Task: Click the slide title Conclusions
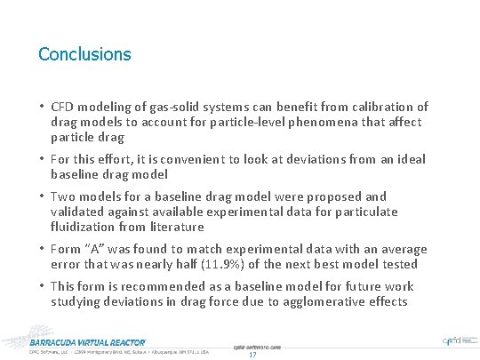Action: pyautogui.click(x=84, y=54)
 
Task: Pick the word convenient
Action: pyautogui.click(x=222, y=159)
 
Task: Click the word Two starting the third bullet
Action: pyautogui.click(x=64, y=196)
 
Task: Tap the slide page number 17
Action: pyautogui.click(x=252, y=355)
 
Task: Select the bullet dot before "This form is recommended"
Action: pyautogui.click(x=42, y=286)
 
